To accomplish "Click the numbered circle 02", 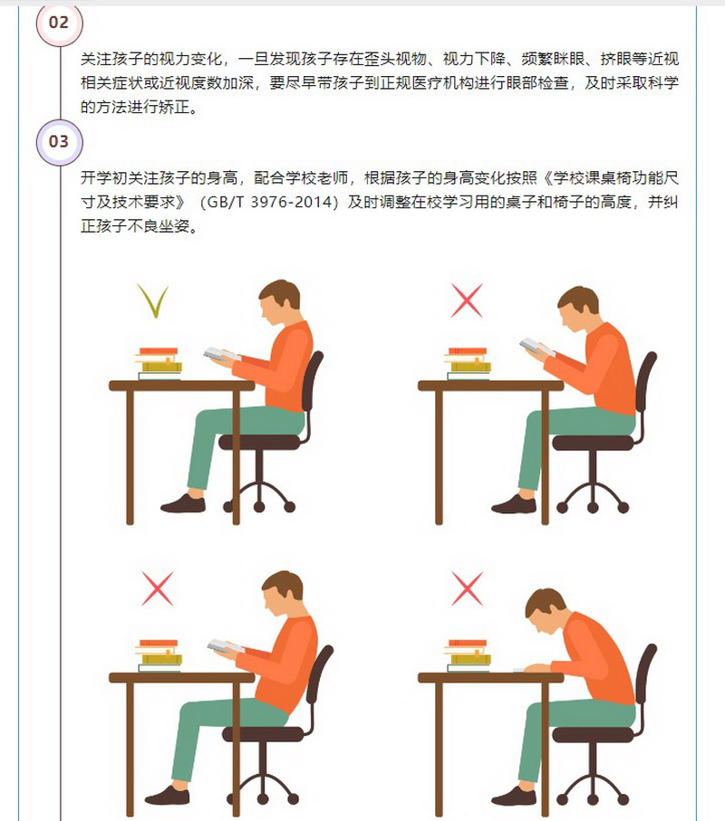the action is [59, 23].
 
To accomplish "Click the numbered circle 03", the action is [59, 142].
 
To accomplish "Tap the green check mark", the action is [153, 301].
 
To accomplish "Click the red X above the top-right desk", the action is [467, 301].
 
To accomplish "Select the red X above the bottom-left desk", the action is [158, 588].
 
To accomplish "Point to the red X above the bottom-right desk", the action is [467, 588].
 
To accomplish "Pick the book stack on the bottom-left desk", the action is [159, 655].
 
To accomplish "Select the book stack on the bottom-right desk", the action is [469, 655].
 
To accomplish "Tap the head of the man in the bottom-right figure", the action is [546, 610].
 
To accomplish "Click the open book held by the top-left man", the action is [222, 355].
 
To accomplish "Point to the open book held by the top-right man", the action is [536, 347].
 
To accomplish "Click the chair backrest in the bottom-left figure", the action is [321, 681].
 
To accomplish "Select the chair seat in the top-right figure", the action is [593, 443].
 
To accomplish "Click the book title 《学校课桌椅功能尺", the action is [608, 178].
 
